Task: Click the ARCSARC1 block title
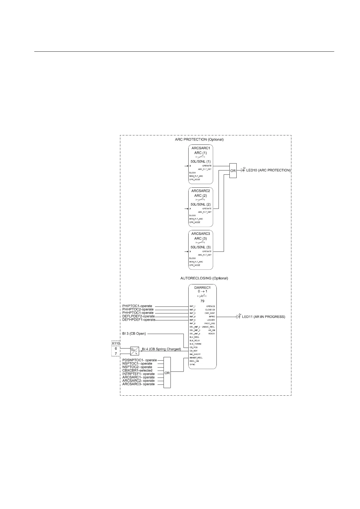201,148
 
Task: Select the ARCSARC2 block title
201,191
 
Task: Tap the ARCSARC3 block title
201,234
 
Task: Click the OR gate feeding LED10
233,170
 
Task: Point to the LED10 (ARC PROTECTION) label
268,170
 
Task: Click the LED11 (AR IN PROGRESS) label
263,317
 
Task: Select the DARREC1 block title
203,287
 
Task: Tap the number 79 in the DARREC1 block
202,301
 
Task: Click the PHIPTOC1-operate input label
137,306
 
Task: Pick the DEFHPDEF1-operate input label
139,320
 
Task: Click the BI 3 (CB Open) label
134,334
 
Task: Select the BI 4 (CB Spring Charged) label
161,349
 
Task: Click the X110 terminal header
116,344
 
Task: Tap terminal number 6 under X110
116,349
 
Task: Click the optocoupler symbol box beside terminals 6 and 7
135,351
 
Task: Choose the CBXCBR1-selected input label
137,371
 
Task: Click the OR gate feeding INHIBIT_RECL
167,373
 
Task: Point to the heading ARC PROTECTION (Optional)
199,140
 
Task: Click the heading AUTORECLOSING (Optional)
204,278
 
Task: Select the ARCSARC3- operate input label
138,384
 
